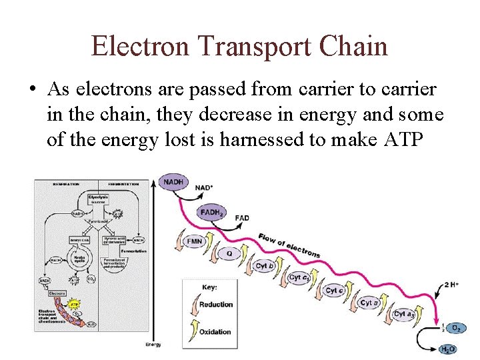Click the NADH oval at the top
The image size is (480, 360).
pos(173,182)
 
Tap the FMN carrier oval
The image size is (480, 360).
pos(195,241)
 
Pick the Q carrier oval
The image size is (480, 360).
pos(230,253)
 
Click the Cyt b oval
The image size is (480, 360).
pos(265,266)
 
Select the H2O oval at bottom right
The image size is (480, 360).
pos(448,349)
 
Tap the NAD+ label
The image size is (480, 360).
pos(205,187)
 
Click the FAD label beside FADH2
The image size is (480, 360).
pos(242,218)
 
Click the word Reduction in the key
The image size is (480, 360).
pos(216,305)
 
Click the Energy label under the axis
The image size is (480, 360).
pos(153,344)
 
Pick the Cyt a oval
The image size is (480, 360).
pos(368,303)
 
